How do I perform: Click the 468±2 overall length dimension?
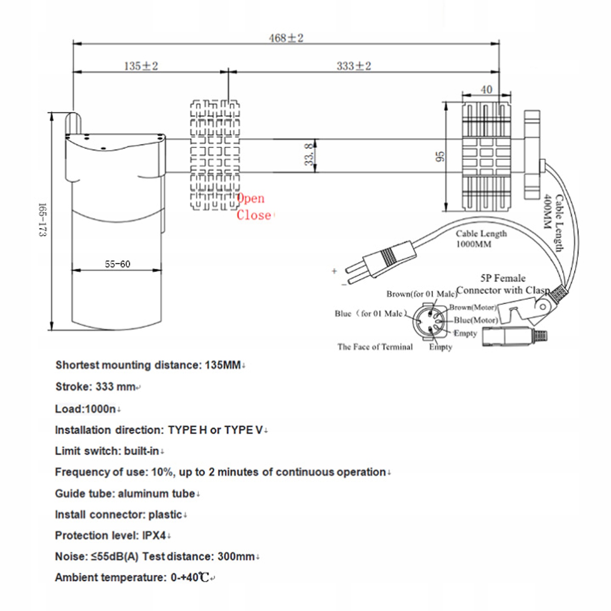(x=286, y=38)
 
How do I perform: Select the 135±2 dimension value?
(x=141, y=66)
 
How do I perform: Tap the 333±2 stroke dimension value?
(x=353, y=66)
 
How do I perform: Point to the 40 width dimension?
(x=486, y=90)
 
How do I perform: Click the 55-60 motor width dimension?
(x=117, y=264)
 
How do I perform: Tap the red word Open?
(x=251, y=198)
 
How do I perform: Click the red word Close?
(x=254, y=215)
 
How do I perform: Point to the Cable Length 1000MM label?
(x=481, y=239)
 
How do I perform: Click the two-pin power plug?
(x=382, y=261)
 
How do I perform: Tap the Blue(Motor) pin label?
(x=476, y=320)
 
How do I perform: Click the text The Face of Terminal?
(x=375, y=347)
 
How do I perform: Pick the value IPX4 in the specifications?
(x=154, y=535)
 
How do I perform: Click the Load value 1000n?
(x=100, y=409)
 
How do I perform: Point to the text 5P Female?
(x=503, y=278)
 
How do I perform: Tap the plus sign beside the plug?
(x=334, y=271)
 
